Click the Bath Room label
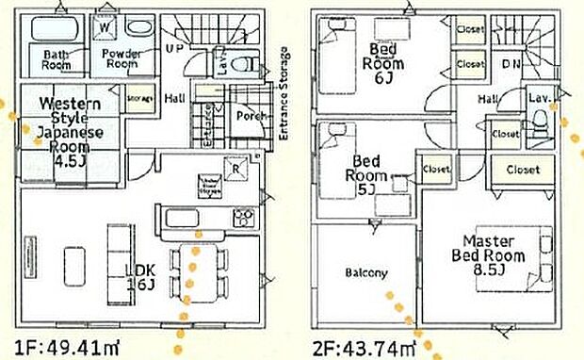pyautogui.click(x=56, y=59)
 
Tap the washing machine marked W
pyautogui.click(x=104, y=27)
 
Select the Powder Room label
pyautogui.click(x=122, y=59)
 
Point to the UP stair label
pyautogui.click(x=174, y=47)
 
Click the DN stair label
pyautogui.click(x=511, y=65)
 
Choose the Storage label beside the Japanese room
pyautogui.click(x=140, y=98)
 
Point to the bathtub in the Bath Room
pyautogui.click(x=57, y=28)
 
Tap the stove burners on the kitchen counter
pyautogui.click(x=242, y=218)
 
